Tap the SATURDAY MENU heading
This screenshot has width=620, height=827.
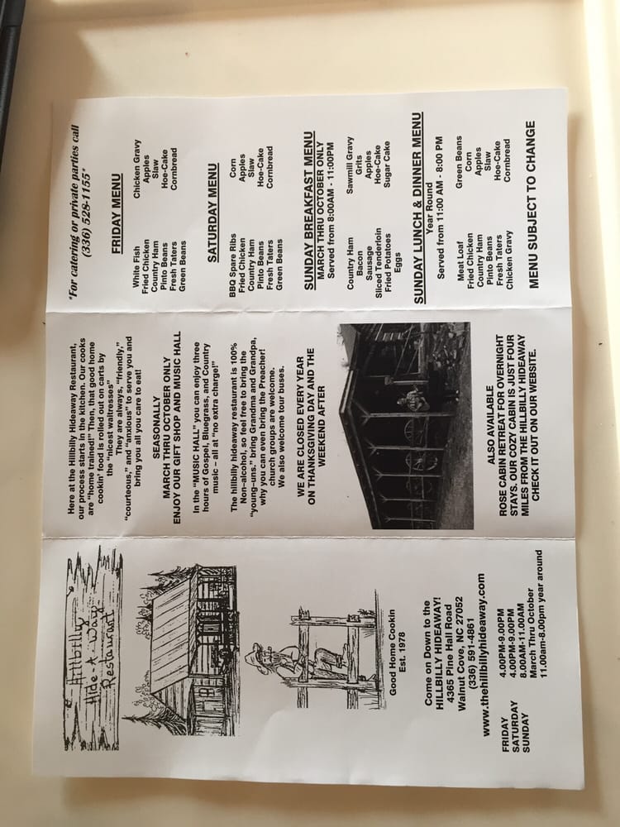[x=212, y=212]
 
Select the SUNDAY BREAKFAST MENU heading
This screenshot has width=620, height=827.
[x=310, y=210]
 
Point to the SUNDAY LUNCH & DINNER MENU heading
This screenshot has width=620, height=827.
[x=418, y=208]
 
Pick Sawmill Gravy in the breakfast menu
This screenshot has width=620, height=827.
[x=350, y=165]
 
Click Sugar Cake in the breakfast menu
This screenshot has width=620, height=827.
[x=387, y=164]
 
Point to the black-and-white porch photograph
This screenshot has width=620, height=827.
[x=406, y=425]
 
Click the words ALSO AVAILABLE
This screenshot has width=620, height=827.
[x=490, y=425]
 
